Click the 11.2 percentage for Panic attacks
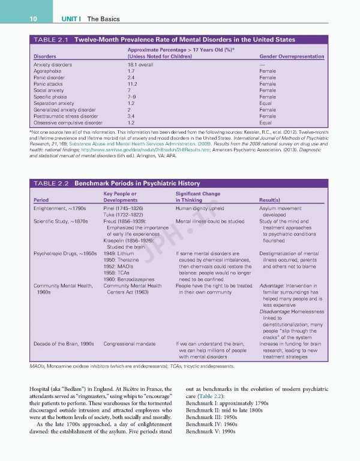132,84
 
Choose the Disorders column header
45,56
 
